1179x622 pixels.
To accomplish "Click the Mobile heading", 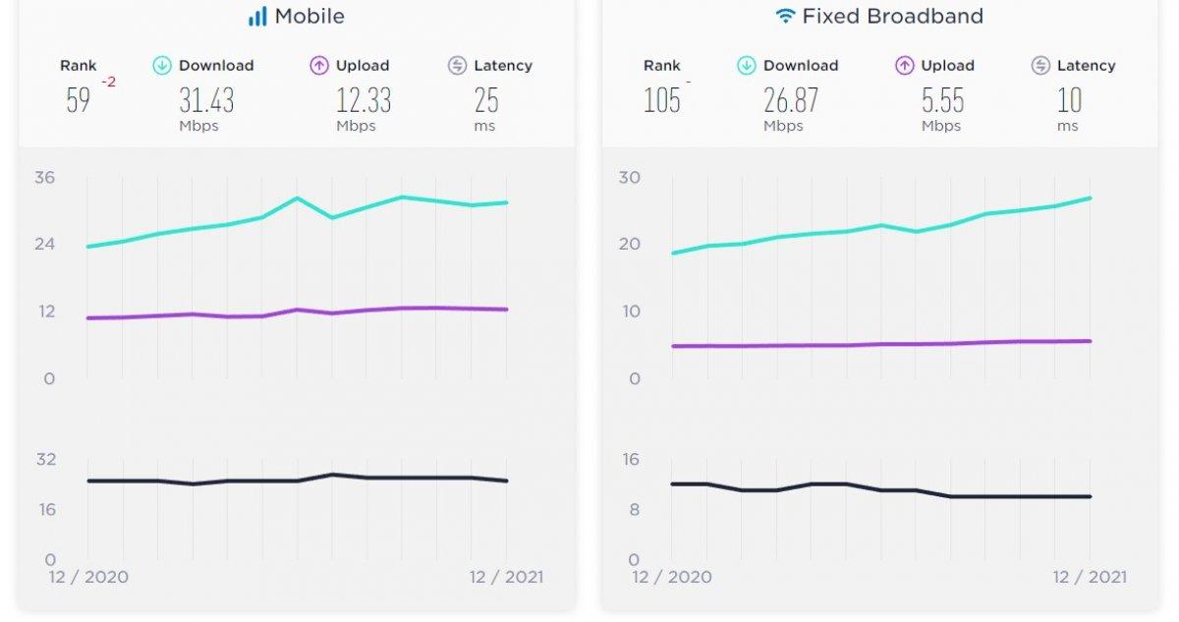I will click(309, 17).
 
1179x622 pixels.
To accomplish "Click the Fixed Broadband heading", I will click(892, 17).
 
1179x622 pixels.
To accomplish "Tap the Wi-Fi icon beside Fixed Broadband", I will click(785, 17).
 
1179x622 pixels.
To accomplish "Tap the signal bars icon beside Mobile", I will click(257, 17).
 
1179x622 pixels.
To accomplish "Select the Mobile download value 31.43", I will click(206, 100).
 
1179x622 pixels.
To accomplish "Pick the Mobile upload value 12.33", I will click(364, 100).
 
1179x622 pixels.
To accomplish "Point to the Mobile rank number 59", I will click(79, 100).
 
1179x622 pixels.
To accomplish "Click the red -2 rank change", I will click(108, 83).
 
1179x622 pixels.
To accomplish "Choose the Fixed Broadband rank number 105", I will click(662, 100).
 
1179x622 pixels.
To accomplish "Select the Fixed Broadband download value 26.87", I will click(791, 100).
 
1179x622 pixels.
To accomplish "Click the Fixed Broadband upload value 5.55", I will click(943, 100).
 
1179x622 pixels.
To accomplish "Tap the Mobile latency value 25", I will click(486, 100).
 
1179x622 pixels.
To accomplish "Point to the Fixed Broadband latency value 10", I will click(1069, 100).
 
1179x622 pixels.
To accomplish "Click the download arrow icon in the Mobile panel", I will click(162, 66).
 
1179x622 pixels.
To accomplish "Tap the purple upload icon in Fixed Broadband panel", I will click(905, 66).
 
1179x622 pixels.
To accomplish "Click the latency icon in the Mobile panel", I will click(457, 66).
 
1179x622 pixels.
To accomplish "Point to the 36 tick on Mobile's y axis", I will click(45, 178).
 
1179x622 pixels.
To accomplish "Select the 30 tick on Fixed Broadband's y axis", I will click(629, 178).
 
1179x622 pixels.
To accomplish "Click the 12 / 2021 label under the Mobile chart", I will click(506, 577).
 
